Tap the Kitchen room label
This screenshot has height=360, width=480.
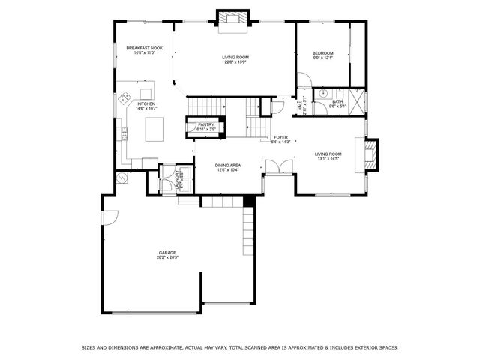pyautogui.click(x=145, y=103)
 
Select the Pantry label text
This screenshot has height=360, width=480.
pyautogui.click(x=206, y=124)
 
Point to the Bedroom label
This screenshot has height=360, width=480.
pyautogui.click(x=323, y=52)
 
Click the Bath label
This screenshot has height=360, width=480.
pyautogui.click(x=337, y=101)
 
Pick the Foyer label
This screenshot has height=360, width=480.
pyautogui.click(x=280, y=137)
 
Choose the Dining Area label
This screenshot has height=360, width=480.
pyautogui.click(x=228, y=165)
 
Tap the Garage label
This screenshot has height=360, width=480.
pyautogui.click(x=166, y=252)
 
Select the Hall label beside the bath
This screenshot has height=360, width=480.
pyautogui.click(x=301, y=107)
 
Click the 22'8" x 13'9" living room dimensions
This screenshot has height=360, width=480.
pyautogui.click(x=235, y=62)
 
